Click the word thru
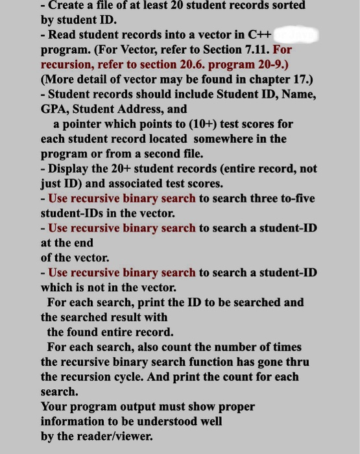(297, 362)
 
